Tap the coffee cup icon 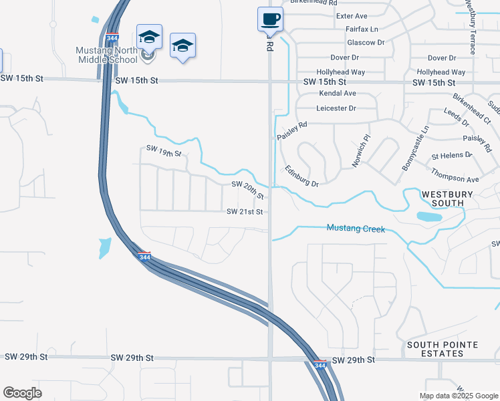click(x=270, y=19)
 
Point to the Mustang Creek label click(x=356, y=229)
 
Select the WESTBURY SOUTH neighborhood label click(x=447, y=198)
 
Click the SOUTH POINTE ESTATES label click(x=442, y=349)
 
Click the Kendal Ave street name click(x=337, y=94)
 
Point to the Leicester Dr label click(x=336, y=108)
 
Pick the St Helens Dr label click(x=452, y=156)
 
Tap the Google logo click(x=22, y=393)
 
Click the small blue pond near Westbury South click(x=428, y=217)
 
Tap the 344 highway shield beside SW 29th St click(x=320, y=365)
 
